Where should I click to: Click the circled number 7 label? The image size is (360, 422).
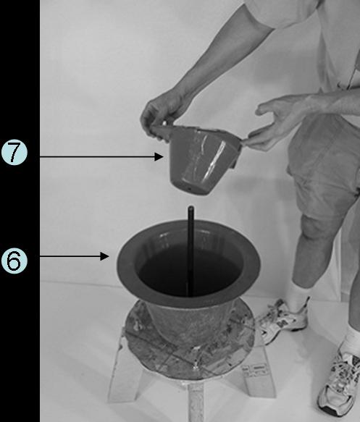tap(14, 152)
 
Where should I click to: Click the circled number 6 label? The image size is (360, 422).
tap(14, 261)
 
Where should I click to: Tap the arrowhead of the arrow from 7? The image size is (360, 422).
tap(159, 156)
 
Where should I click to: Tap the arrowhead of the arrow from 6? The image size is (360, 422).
tap(104, 256)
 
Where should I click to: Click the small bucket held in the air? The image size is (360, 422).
tap(199, 159)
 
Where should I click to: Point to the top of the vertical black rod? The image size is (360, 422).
tap(191, 208)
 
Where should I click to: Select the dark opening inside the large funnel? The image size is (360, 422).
tap(188, 269)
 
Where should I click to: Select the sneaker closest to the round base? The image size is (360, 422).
tap(282, 320)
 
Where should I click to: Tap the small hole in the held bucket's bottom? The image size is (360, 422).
tap(190, 189)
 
